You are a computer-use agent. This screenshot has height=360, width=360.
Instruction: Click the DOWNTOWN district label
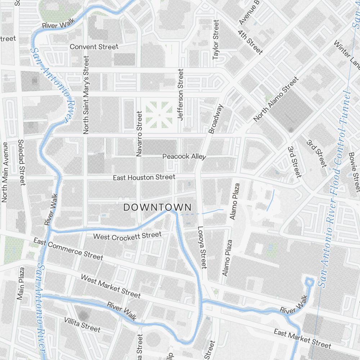click(x=157, y=207)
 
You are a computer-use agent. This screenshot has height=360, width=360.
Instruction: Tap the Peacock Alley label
click(x=184, y=157)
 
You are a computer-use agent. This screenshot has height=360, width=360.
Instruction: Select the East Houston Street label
click(x=144, y=177)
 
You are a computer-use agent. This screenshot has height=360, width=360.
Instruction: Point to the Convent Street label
click(x=94, y=47)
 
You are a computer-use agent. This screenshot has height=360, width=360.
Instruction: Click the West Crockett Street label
click(x=127, y=236)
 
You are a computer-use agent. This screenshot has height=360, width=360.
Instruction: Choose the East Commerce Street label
click(x=68, y=249)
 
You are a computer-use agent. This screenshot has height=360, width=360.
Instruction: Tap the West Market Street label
click(x=111, y=286)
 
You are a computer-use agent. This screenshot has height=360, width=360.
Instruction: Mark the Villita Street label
click(x=82, y=324)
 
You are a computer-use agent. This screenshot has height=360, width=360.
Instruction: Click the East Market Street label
click(x=302, y=338)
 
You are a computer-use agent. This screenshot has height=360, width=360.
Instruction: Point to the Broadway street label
click(x=216, y=119)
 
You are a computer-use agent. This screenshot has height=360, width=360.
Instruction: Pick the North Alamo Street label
click(x=276, y=99)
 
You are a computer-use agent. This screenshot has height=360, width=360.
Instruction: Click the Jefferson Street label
click(x=180, y=94)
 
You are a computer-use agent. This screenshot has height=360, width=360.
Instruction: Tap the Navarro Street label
click(x=139, y=134)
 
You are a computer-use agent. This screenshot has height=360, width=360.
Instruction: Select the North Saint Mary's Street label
click(x=86, y=95)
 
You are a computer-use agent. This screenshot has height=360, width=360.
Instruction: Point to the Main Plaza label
click(x=21, y=283)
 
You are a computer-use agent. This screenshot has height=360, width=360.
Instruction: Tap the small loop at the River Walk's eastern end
click(x=309, y=282)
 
